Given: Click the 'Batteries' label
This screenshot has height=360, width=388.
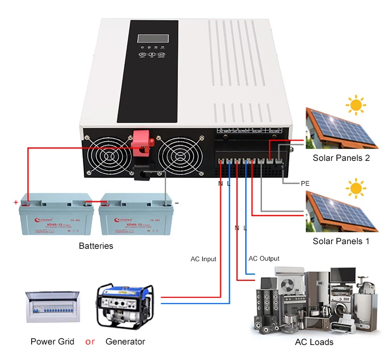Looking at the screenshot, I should [x=96, y=246].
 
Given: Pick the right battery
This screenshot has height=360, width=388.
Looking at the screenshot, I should [x=136, y=218].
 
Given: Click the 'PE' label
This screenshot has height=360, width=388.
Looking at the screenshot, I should [x=305, y=183].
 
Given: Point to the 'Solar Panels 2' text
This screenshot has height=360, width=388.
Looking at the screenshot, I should [x=341, y=158].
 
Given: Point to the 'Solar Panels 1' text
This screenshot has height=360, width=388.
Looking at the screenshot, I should [x=341, y=241].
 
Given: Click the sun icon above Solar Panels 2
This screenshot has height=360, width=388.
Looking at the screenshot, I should [x=355, y=106].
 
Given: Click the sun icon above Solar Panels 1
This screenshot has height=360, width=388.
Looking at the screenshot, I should [x=355, y=189].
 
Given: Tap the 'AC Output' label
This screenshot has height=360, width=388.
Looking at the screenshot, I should [x=264, y=259].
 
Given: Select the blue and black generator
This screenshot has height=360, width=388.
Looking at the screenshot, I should [x=125, y=305].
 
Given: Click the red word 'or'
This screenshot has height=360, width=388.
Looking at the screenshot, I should [x=90, y=341].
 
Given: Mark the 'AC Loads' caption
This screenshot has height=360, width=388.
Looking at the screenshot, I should [x=314, y=342].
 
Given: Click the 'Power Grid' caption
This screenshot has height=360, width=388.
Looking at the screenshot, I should [x=52, y=341].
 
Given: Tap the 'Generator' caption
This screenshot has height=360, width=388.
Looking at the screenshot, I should [x=125, y=341].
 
